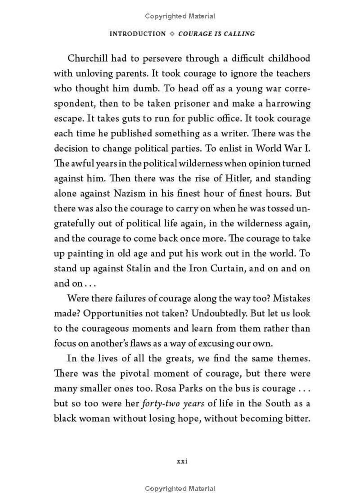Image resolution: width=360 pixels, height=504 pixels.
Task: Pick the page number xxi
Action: click(182, 461)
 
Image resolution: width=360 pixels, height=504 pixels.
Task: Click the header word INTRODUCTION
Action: click(138, 34)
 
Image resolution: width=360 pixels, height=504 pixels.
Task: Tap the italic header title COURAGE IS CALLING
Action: click(216, 34)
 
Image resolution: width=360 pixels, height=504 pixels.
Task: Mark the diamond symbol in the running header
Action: click(172, 34)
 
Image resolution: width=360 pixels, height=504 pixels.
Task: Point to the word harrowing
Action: click(288, 103)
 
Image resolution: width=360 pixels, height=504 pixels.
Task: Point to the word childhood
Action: click(289, 58)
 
